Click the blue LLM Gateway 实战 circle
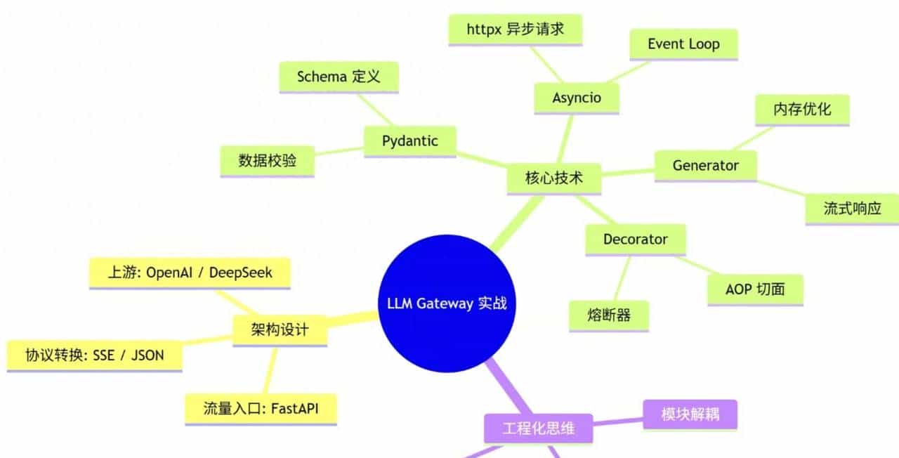[x=447, y=304]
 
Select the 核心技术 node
[x=553, y=178]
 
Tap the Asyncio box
[x=576, y=97]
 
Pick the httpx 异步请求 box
[x=515, y=30]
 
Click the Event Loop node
[x=683, y=44]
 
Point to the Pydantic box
[x=409, y=141]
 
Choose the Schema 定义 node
[x=339, y=77]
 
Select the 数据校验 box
[x=267, y=161]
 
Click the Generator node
[x=705, y=166]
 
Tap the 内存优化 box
[x=802, y=110]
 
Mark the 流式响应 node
[x=852, y=209]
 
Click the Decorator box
[x=635, y=240]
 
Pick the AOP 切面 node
[x=754, y=289]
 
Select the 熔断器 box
[x=609, y=315]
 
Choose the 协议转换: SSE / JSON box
[x=95, y=355]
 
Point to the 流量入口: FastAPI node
[x=261, y=409]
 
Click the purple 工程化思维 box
[x=538, y=428]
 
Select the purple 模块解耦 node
[x=690, y=414]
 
